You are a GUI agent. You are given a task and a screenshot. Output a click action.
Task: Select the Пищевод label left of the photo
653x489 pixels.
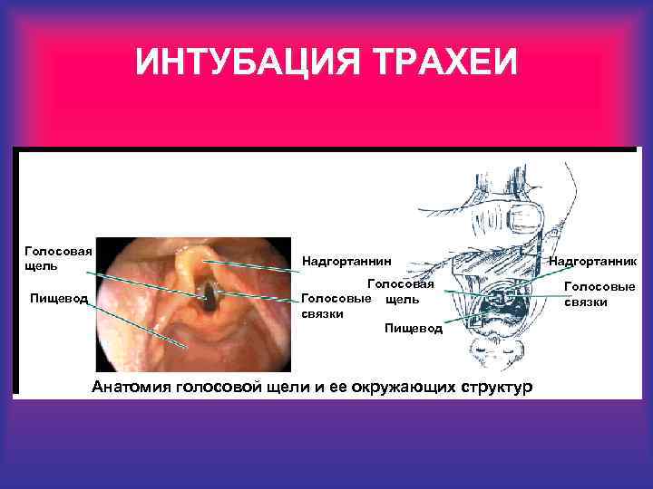(x=58, y=298)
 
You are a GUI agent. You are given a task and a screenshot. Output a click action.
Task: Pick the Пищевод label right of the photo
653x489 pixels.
(x=413, y=327)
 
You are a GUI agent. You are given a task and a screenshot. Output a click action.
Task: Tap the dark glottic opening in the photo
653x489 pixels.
(x=211, y=292)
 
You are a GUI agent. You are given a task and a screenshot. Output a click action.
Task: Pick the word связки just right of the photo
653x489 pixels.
(x=322, y=313)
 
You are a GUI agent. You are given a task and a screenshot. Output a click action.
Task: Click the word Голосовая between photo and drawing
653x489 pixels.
(x=400, y=284)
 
